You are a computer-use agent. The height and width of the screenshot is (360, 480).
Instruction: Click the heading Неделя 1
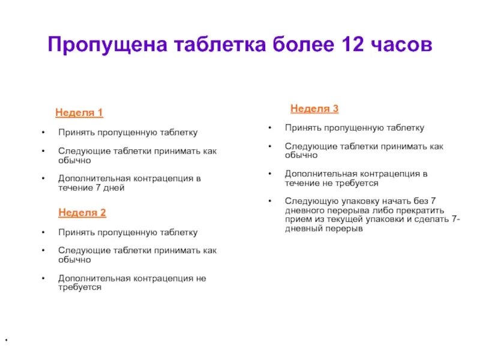pos(79,113)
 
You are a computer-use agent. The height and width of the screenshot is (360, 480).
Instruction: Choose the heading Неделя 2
pos(82,213)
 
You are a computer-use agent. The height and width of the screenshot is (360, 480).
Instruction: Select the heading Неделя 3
pos(314,109)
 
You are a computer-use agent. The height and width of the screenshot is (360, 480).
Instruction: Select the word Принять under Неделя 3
pos(301,128)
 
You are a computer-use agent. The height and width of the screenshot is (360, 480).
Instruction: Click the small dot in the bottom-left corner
pos(6,341)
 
